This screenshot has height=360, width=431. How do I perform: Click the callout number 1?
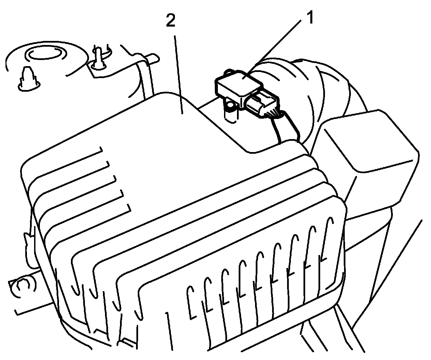point(310,18)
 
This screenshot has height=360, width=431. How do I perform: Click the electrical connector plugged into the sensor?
point(263,104)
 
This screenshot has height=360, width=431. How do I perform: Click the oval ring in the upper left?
point(44,54)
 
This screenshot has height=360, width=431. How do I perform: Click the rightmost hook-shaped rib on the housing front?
point(328,239)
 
